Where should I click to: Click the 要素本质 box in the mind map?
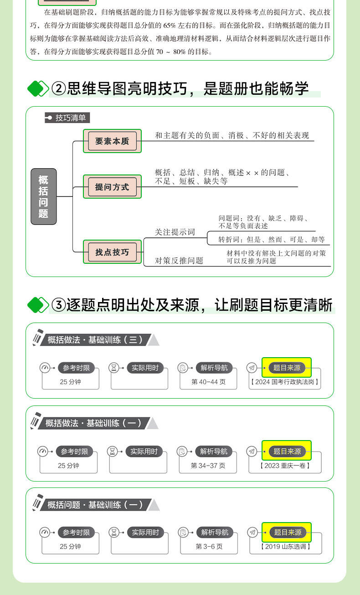112,141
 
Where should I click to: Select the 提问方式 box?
112,187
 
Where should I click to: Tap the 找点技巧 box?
112,252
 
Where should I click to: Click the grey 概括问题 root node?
43,196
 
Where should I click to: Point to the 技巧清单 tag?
67,118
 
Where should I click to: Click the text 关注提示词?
175,232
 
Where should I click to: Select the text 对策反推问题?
179,261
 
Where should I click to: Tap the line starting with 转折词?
271,240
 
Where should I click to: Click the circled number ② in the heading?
59,88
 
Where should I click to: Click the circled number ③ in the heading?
59,305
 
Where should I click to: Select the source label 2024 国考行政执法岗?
285,382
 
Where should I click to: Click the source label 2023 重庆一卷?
285,465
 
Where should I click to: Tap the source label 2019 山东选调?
285,546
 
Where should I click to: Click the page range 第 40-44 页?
208,382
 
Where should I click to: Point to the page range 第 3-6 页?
209,546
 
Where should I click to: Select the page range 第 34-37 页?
208,465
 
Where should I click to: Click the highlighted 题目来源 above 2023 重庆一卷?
287,451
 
